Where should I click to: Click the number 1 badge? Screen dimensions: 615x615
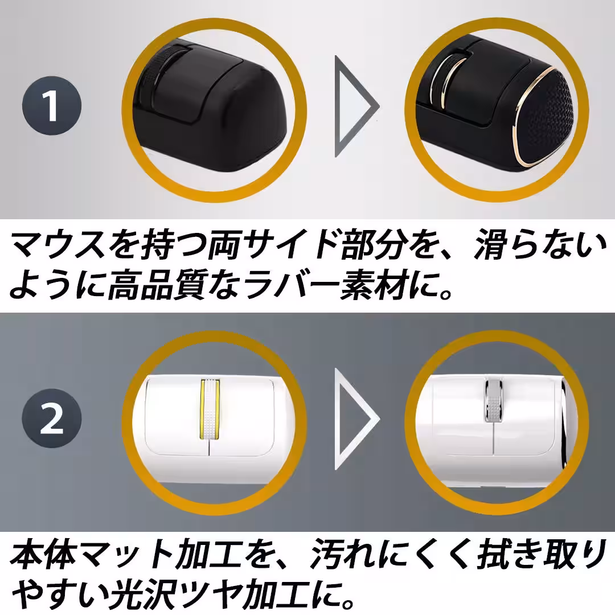(52, 106)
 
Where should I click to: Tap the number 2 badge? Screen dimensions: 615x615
(52, 420)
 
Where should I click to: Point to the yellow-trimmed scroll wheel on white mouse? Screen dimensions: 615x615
(210, 409)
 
